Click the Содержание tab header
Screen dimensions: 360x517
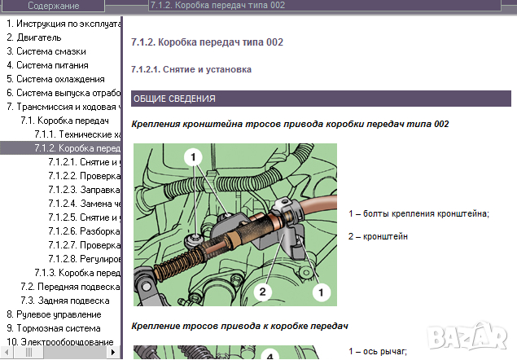(x=53, y=6)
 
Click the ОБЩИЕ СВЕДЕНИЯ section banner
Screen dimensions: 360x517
(x=173, y=99)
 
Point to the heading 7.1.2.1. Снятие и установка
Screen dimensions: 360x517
(x=191, y=69)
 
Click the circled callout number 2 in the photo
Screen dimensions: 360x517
(x=261, y=290)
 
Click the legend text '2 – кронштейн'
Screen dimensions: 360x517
(x=378, y=236)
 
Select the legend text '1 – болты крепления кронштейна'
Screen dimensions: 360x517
(x=418, y=213)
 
